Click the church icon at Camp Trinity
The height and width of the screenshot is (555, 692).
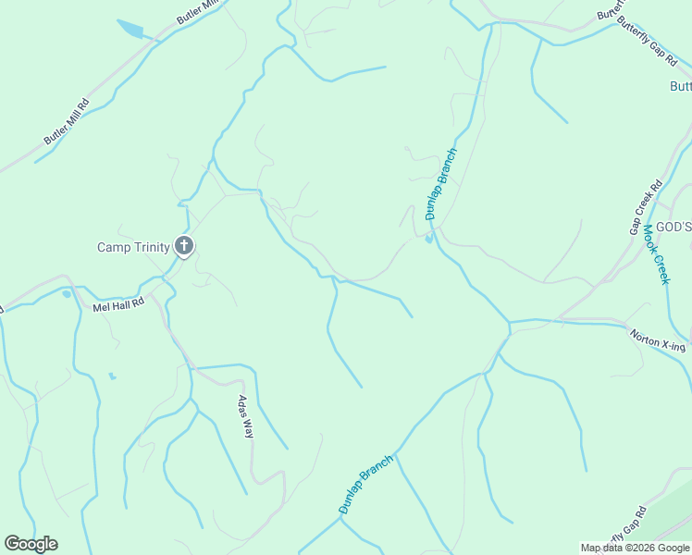pyautogui.click(x=184, y=246)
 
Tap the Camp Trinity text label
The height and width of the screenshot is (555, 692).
pyautogui.click(x=134, y=247)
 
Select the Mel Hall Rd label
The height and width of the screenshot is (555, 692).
pyautogui.click(x=118, y=303)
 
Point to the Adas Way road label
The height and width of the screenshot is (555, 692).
pyautogui.click(x=245, y=415)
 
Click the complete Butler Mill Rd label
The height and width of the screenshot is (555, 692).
pyautogui.click(x=66, y=121)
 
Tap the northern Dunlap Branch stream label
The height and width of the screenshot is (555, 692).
pyautogui.click(x=441, y=184)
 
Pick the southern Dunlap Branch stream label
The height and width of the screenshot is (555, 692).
pyautogui.click(x=366, y=484)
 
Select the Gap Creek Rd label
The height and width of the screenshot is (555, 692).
pyautogui.click(x=647, y=206)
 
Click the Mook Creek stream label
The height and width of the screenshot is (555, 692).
pyautogui.click(x=656, y=253)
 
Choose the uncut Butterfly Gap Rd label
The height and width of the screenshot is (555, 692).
pyautogui.click(x=648, y=43)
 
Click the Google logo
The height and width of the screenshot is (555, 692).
pyautogui.click(x=31, y=544)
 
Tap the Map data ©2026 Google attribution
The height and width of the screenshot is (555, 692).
pyautogui.click(x=635, y=548)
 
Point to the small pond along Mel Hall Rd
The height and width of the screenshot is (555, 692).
pyautogui.click(x=67, y=294)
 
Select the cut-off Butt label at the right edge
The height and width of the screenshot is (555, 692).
pyautogui.click(x=680, y=86)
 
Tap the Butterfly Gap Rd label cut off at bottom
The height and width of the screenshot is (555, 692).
pyautogui.click(x=622, y=530)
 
